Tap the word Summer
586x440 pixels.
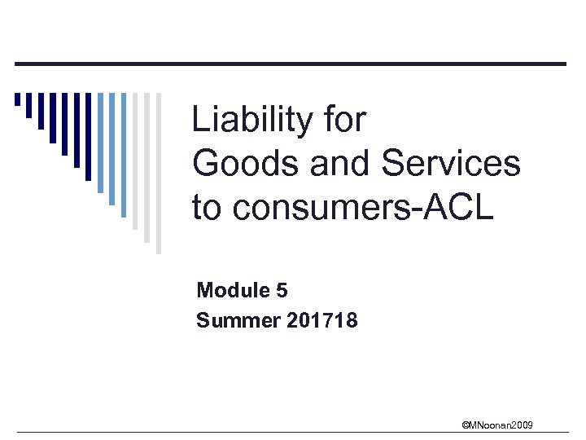click(238, 320)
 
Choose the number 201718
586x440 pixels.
click(322, 320)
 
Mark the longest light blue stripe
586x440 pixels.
click(124, 155)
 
